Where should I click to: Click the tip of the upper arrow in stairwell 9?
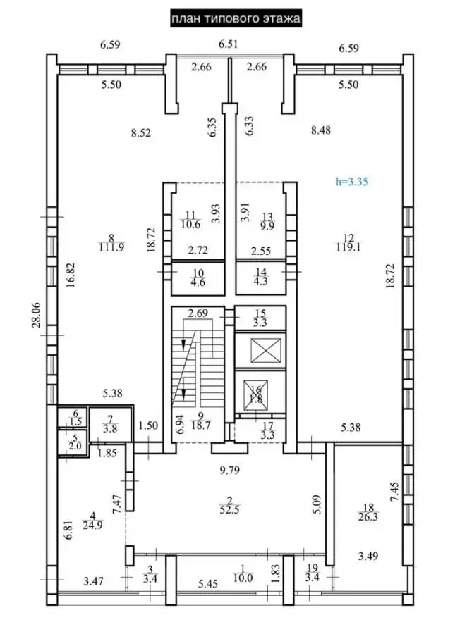tap(183, 349)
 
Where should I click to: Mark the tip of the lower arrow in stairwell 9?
tap(183, 398)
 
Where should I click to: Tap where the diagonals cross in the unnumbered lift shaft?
tap(266, 351)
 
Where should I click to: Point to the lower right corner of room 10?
tap(224, 294)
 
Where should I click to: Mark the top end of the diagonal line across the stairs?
tap(198, 331)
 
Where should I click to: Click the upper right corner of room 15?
tap(286, 307)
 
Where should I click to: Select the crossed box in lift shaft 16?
tap(255, 395)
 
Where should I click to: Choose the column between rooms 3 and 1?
tap(171, 580)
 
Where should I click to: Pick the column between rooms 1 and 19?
tap(288, 580)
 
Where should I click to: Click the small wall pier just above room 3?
tap(130, 555)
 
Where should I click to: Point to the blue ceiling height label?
tap(351, 182)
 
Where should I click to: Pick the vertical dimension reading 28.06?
tap(37, 315)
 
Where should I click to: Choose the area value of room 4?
tap(92, 526)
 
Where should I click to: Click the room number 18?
tap(368, 508)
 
